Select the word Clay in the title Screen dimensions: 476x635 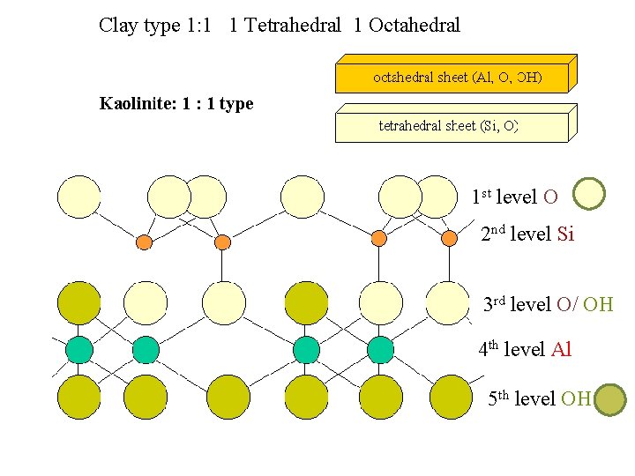click(x=117, y=25)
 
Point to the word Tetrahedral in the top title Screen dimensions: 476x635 click(x=292, y=25)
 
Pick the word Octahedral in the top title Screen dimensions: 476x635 click(x=415, y=25)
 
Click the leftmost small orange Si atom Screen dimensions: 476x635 click(x=145, y=241)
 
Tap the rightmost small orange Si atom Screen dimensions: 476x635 click(x=449, y=238)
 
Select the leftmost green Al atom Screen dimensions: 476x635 click(x=79, y=350)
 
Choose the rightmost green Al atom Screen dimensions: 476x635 click(x=380, y=350)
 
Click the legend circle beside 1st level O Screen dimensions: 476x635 click(x=589, y=194)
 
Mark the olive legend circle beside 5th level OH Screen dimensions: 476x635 click(x=609, y=399)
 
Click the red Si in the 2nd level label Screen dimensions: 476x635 click(x=565, y=234)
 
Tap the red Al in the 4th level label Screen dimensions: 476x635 click(x=561, y=350)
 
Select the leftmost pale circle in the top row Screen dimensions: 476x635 click(x=79, y=197)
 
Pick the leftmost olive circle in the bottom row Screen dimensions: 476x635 click(x=79, y=397)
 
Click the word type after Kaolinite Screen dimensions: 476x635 click(x=235, y=104)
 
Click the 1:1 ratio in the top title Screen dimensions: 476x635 click(x=198, y=25)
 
